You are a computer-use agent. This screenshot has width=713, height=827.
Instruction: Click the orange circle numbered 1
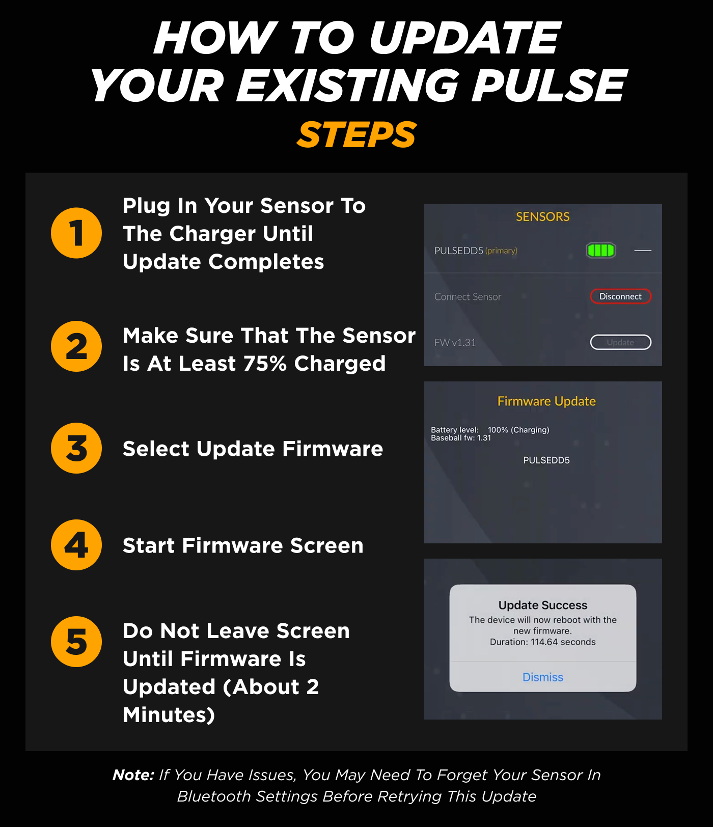click(x=76, y=233)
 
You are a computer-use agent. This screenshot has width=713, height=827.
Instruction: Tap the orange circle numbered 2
click(x=76, y=346)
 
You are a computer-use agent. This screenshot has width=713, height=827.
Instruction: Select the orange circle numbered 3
click(x=76, y=448)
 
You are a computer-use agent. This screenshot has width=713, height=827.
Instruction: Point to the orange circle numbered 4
click(x=76, y=545)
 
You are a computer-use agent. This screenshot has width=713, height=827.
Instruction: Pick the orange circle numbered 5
click(x=76, y=642)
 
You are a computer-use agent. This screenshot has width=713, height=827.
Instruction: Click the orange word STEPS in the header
click(x=356, y=135)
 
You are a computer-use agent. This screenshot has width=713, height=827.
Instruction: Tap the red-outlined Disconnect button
click(x=620, y=296)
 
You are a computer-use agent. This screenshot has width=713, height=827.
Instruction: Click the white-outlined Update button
click(x=620, y=342)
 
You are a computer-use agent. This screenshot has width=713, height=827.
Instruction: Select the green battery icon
click(x=601, y=250)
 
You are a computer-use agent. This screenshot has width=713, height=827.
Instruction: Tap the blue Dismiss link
click(x=543, y=677)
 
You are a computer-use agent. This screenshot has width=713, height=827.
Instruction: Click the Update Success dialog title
click(x=543, y=605)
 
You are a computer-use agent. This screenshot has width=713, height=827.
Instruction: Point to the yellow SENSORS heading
click(x=543, y=216)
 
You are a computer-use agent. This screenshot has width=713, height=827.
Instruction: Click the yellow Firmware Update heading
click(x=546, y=401)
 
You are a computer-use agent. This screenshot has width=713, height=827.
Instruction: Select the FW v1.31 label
click(x=455, y=343)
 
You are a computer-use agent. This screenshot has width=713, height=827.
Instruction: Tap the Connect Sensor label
click(x=468, y=297)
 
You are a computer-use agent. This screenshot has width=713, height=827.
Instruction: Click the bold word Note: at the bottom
click(x=133, y=775)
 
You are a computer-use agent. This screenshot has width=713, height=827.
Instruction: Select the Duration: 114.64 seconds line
click(x=543, y=642)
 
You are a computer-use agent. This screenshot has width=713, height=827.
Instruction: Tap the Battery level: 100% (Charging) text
click(x=490, y=430)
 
